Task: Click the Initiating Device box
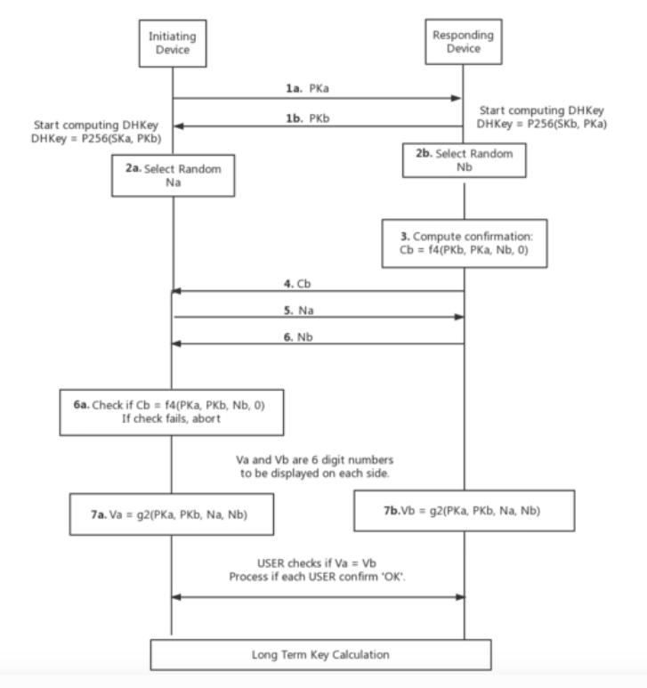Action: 172,42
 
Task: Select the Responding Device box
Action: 462,42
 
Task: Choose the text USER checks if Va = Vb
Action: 318,563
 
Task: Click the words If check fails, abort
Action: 172,419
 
